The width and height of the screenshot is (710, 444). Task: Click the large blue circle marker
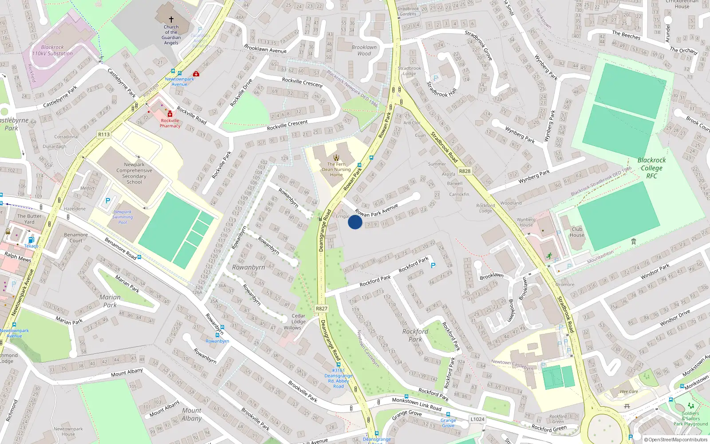coord(355,222)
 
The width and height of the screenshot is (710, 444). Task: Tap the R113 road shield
coord(104,134)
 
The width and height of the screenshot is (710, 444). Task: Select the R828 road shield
coord(465,171)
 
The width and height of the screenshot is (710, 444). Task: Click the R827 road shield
coord(322,309)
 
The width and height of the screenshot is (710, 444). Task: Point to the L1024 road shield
coord(477,419)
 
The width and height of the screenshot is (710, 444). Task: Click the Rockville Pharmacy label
coord(170,123)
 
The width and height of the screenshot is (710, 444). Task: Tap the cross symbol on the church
coord(171,20)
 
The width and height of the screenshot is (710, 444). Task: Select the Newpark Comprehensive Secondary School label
coord(134,173)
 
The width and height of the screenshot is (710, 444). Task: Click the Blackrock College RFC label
coord(651,168)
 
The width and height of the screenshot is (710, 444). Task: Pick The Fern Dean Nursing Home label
coord(336,169)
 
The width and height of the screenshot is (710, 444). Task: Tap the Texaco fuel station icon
coord(31,240)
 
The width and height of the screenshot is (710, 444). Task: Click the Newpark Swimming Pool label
coord(122,217)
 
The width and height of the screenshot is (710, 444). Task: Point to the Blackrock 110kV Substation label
coord(52,50)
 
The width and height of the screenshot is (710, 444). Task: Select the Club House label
coord(577,232)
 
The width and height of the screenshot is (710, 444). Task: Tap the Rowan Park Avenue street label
coord(376,210)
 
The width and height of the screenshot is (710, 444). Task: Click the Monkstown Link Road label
coord(417,404)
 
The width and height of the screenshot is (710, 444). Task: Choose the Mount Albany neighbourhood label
coord(192,414)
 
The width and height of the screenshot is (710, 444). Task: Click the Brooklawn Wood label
coord(364,50)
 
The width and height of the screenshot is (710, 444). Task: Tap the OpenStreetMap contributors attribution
coord(676,440)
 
